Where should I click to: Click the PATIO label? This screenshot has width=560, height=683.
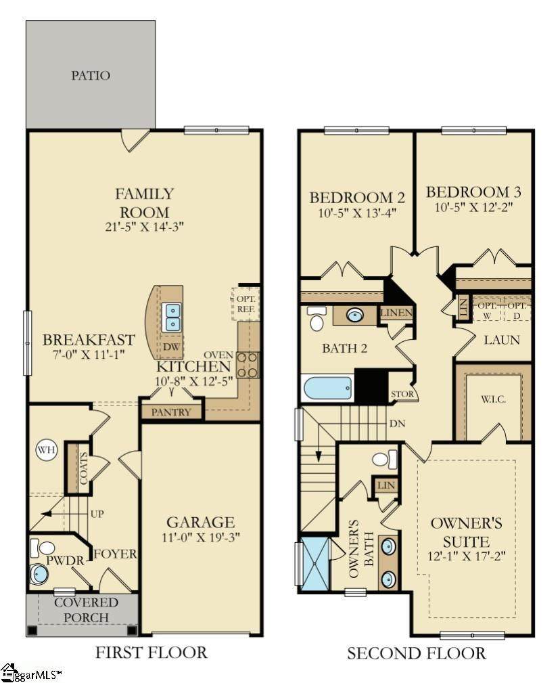coord(91,75)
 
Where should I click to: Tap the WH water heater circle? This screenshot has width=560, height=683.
coord(46,449)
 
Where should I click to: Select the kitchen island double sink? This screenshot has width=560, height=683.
coord(171,317)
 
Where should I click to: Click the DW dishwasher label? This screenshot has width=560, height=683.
coord(171,347)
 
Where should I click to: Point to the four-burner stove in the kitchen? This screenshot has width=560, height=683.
coord(247,365)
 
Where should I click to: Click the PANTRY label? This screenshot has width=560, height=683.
coord(171,412)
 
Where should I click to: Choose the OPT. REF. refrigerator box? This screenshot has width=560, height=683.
coord(246,304)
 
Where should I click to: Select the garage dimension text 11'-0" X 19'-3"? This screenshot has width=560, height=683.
coord(201,537)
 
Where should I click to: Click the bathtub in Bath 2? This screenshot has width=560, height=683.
coord(327,388)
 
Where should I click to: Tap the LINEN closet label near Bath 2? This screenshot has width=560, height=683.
coord(396,312)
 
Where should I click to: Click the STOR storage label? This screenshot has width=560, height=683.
coord(402,394)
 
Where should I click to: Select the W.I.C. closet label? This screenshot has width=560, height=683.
coord(494,399)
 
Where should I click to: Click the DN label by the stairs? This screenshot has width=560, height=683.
coord(397,423)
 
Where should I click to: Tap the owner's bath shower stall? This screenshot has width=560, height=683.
coord(315,564)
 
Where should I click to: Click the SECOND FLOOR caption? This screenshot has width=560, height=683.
coord(416,653)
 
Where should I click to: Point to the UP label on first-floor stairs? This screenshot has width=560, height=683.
coord(97,514)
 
